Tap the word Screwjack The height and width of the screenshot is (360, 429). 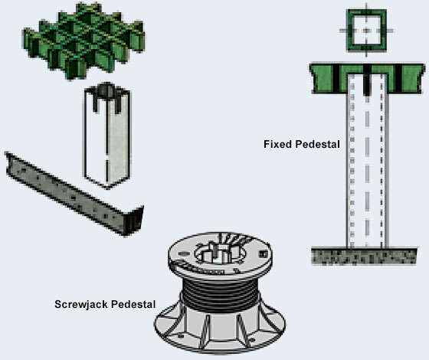pyautogui.click(x=81, y=305)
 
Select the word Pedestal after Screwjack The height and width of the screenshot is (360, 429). pyautogui.click(x=133, y=304)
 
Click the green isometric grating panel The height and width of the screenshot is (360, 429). pyautogui.click(x=84, y=41)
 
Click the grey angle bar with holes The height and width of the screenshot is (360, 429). pyautogui.click(x=74, y=195)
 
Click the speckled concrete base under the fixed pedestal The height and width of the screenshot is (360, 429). pyautogui.click(x=364, y=257)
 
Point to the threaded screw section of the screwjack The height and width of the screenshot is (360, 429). pyautogui.click(x=221, y=294)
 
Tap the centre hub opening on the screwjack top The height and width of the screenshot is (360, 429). pyautogui.click(x=220, y=253)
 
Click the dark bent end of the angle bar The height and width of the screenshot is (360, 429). pyautogui.click(x=134, y=221)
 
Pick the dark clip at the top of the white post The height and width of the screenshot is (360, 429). pyautogui.click(x=106, y=97)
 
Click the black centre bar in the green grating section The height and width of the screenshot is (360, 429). pyautogui.click(x=367, y=80)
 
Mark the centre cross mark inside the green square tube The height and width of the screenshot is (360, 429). pyautogui.click(x=367, y=31)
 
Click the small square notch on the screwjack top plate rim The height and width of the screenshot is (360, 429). pyautogui.click(x=263, y=254)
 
